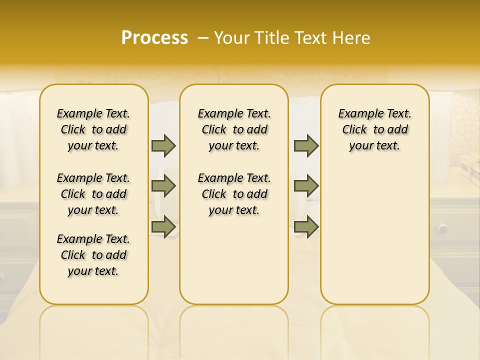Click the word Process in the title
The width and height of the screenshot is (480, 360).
[x=154, y=38]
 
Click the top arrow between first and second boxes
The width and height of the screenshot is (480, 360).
[x=163, y=145]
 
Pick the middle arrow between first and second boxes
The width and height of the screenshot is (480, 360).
[x=163, y=186]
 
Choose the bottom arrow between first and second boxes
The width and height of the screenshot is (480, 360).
[x=163, y=226]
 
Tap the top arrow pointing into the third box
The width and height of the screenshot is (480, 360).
[x=306, y=145]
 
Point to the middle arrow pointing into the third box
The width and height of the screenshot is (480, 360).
[x=306, y=186]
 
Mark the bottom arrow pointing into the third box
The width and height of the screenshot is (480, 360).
[x=306, y=226]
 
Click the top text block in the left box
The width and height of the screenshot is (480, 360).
[x=93, y=129]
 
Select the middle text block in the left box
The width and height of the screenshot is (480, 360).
[x=93, y=194]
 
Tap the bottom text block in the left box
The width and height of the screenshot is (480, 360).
[x=93, y=255]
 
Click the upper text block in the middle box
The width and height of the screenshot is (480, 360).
[x=234, y=129]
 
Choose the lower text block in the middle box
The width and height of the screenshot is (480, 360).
[x=234, y=194]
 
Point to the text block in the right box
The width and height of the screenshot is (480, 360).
[x=374, y=129]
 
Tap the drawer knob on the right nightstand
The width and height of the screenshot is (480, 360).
[x=443, y=228]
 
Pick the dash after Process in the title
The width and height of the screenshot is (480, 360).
[x=202, y=38]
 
